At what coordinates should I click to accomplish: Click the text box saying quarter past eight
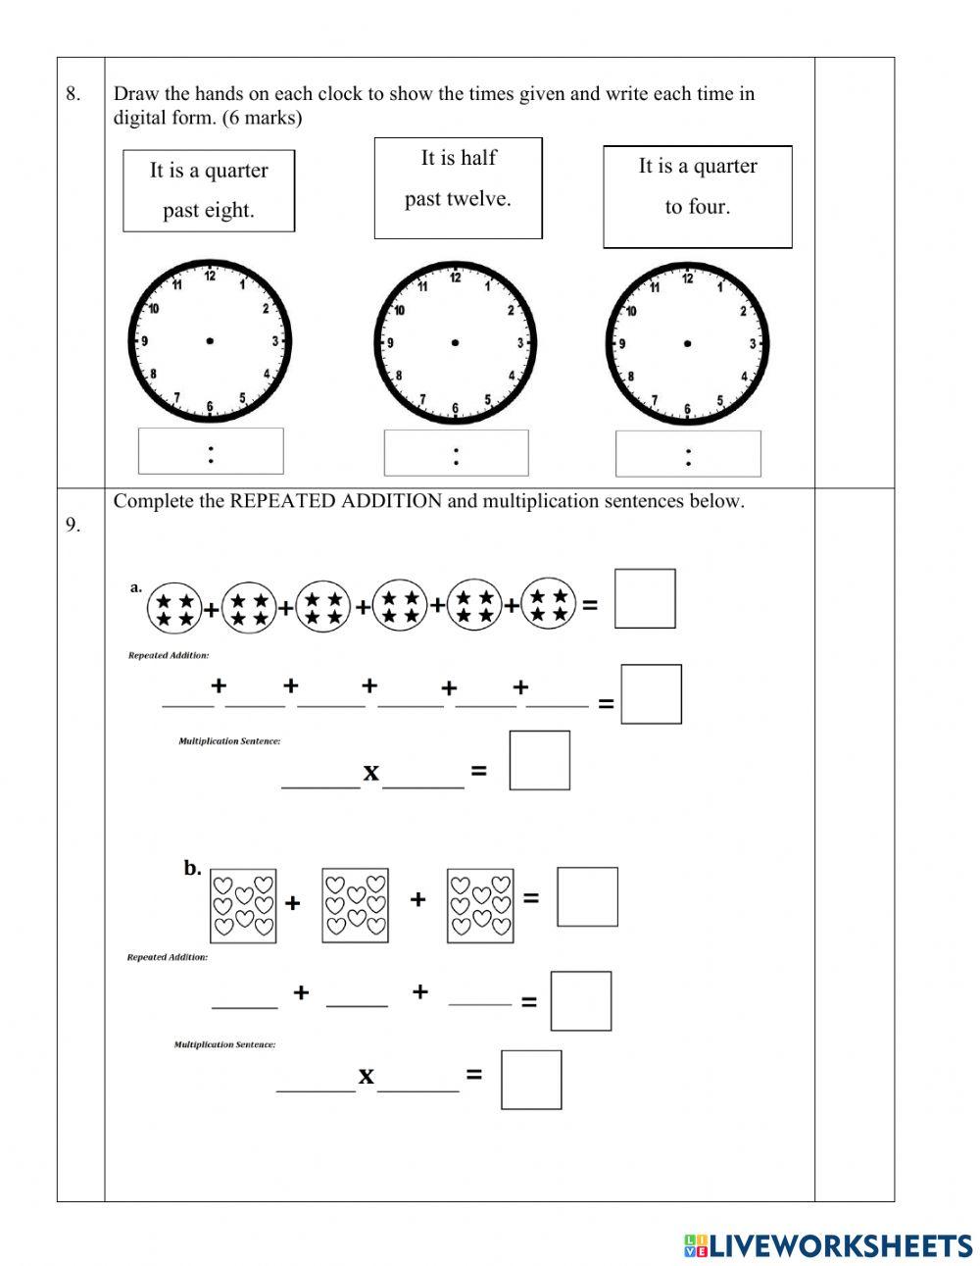point(208,190)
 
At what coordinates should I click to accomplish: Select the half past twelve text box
point(458,187)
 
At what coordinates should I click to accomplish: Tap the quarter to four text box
point(697,196)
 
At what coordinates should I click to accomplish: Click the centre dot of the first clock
point(210,341)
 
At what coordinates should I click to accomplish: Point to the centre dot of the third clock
point(687,343)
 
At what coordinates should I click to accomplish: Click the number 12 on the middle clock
point(455,278)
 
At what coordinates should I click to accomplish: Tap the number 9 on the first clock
point(145,342)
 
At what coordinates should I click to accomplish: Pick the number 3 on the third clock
point(753,344)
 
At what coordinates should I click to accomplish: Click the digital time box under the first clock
point(211,451)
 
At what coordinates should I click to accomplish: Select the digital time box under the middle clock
point(456,453)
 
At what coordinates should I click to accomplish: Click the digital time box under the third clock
point(688,454)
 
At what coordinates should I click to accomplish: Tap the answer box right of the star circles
point(645,598)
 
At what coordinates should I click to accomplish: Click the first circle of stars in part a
point(174,609)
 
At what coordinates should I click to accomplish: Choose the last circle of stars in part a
point(549,604)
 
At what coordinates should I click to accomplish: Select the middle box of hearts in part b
point(355,905)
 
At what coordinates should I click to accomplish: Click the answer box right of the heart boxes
point(587,896)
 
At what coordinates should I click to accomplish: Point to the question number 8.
point(73,95)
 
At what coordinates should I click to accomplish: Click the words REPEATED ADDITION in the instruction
point(335,501)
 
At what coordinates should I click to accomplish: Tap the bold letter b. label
point(192,868)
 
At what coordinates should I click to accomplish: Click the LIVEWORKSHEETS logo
point(827,1245)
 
